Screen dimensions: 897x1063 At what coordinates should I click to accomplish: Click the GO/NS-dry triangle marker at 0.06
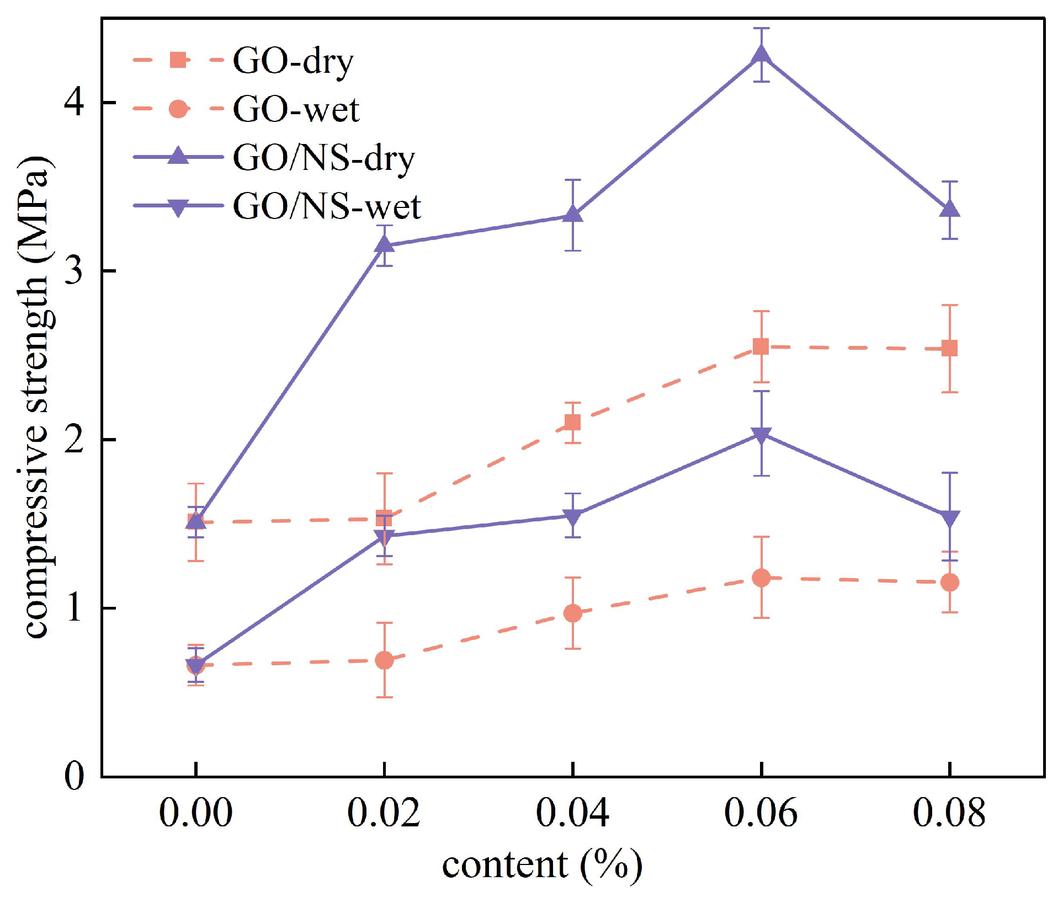click(x=762, y=55)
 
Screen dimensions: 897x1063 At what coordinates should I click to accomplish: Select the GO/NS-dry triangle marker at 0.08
click(x=949, y=209)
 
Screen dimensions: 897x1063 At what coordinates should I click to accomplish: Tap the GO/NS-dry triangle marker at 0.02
click(x=385, y=244)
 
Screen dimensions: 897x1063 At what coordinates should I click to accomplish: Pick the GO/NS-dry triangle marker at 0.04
click(x=573, y=215)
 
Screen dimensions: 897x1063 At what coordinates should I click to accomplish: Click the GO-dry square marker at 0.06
click(x=761, y=346)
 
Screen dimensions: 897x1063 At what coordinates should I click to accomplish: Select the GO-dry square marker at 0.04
click(x=573, y=423)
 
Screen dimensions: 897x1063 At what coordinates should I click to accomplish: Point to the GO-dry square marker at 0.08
click(x=949, y=348)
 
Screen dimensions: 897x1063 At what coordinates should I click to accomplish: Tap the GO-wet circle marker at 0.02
click(x=385, y=660)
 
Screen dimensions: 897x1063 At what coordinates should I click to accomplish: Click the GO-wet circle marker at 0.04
click(x=573, y=613)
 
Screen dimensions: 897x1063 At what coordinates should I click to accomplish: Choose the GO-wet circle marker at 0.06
click(x=761, y=578)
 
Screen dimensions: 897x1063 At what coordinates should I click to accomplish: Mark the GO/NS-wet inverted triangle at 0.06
click(x=762, y=435)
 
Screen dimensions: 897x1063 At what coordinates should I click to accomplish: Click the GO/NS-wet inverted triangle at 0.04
click(x=573, y=517)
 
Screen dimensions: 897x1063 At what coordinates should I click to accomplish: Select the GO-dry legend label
click(x=293, y=61)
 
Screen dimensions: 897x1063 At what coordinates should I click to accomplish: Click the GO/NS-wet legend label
click(x=327, y=207)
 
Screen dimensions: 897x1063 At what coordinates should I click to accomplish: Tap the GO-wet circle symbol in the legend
click(x=178, y=109)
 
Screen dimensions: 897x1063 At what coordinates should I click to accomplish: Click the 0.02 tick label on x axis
click(x=384, y=813)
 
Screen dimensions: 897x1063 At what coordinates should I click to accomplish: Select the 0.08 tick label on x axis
click(x=949, y=813)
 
